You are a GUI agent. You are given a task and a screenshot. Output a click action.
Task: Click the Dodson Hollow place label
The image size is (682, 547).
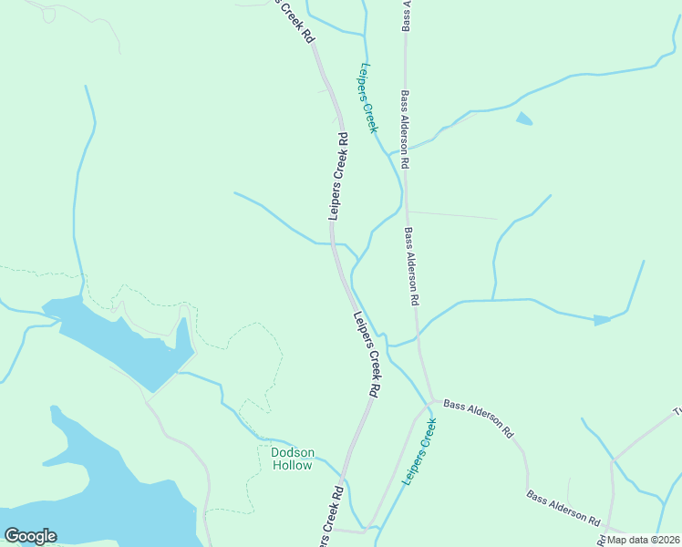point(292,459)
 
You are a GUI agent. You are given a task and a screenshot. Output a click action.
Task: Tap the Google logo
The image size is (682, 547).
point(30,536)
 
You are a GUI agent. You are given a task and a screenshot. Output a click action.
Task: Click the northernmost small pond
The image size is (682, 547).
point(524,118)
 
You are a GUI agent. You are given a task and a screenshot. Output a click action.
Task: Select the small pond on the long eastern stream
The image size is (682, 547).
point(602,320)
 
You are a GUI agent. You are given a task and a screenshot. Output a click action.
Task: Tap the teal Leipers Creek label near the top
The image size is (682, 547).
point(367,98)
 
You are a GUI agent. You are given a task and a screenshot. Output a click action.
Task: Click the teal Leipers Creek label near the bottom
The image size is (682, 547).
point(418,451)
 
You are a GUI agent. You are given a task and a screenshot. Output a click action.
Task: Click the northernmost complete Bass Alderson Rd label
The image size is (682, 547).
point(404,129)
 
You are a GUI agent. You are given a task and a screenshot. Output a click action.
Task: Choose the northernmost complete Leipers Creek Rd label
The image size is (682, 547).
point(336,178)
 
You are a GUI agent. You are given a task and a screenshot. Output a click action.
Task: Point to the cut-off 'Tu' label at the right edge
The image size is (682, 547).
point(676,413)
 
